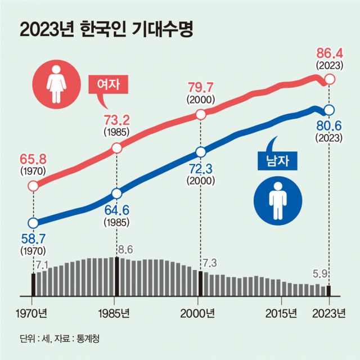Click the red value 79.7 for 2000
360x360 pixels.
pos(200,88)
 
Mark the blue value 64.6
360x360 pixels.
pos(117,212)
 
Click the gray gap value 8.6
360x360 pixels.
pos(125,248)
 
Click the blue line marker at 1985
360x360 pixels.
pos(117,193)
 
